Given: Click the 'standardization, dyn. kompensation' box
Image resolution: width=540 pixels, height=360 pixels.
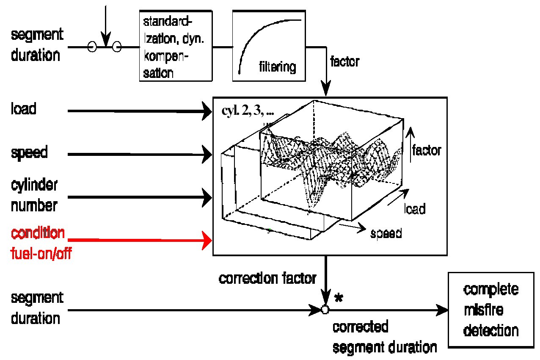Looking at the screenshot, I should (x=176, y=45).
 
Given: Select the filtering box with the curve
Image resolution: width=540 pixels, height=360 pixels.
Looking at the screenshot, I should (x=269, y=45).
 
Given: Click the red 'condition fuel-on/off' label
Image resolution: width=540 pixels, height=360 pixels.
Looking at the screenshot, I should (x=39, y=244).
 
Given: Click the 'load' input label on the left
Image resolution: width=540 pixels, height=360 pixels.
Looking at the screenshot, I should (x=24, y=109).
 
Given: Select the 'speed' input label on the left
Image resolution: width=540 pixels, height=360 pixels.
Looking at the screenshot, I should (x=29, y=153).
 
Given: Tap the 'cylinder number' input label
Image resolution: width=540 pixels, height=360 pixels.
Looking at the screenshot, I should (x=34, y=196).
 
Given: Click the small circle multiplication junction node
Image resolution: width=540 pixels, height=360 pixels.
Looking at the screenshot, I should (x=325, y=310).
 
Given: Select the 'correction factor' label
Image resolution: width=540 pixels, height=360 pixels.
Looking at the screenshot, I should (x=267, y=279).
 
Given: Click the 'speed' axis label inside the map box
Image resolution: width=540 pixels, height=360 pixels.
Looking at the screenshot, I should (x=386, y=233).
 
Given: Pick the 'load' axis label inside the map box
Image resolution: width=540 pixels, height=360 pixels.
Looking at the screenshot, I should (x=415, y=209).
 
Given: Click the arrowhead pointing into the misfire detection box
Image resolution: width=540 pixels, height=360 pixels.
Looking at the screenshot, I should (x=442, y=311).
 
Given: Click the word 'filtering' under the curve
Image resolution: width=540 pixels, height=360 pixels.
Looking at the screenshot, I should (x=278, y=67).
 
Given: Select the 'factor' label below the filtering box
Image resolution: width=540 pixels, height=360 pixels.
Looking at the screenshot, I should (x=344, y=62).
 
